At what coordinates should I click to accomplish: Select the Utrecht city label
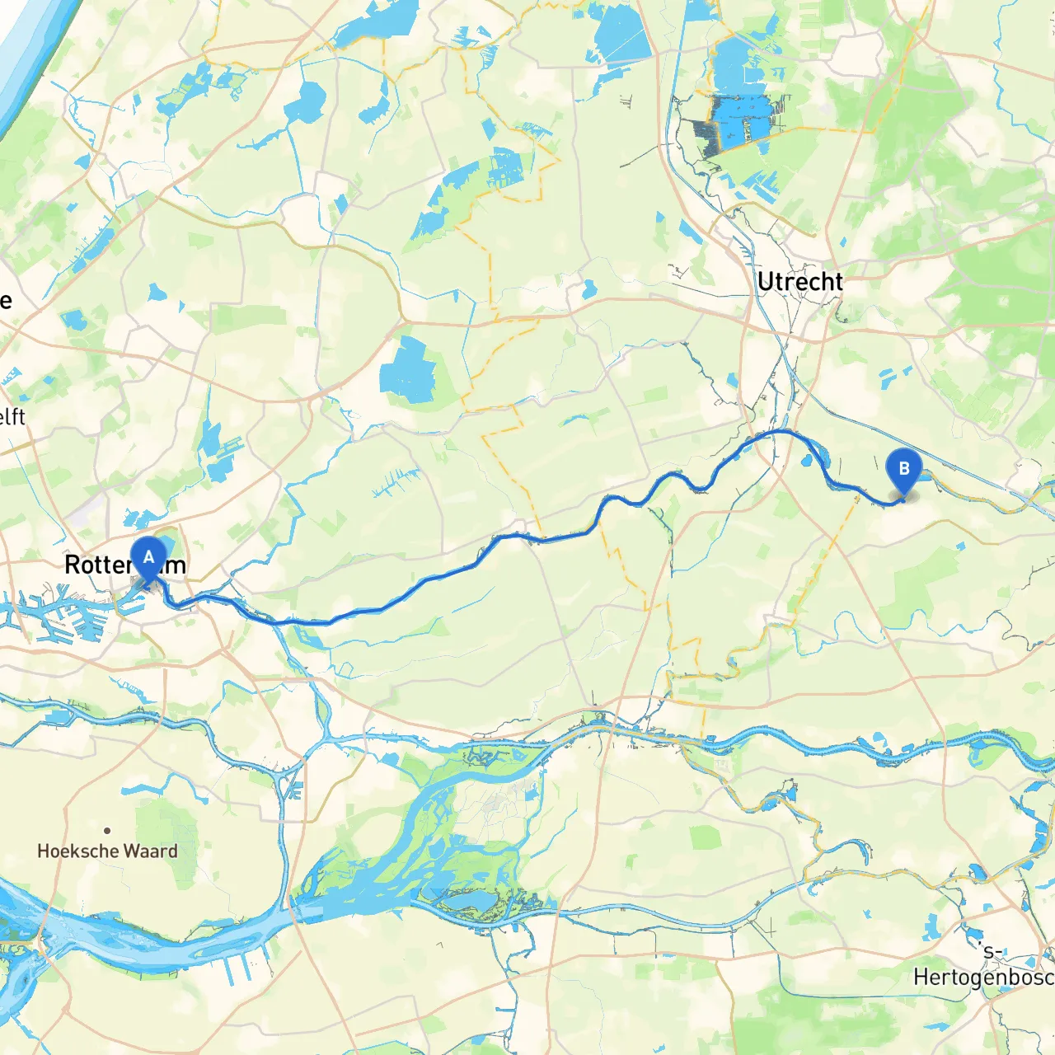pyautogui.click(x=799, y=282)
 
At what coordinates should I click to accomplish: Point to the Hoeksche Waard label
pyautogui.click(x=107, y=851)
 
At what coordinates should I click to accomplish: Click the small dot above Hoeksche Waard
pyautogui.click(x=107, y=831)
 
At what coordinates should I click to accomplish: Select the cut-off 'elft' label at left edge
pyautogui.click(x=12, y=417)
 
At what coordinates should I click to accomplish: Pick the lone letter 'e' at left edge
pyautogui.click(x=6, y=300)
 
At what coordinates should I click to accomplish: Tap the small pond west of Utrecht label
pyautogui.click(x=588, y=290)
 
